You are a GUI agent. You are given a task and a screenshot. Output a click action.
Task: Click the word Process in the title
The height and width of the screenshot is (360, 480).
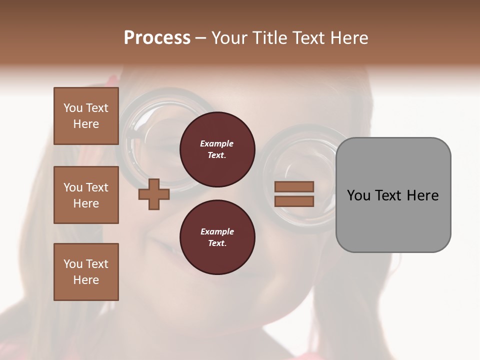pos(157,38)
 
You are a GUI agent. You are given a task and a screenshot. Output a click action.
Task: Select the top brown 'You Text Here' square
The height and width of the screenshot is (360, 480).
pos(86,116)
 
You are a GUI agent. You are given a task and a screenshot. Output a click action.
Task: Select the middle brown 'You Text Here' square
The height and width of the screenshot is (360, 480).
pos(86,195)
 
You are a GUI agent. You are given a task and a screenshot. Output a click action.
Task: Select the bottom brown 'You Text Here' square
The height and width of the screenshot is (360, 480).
pos(86,272)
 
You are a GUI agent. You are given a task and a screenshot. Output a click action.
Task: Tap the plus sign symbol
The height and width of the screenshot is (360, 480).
pos(153,194)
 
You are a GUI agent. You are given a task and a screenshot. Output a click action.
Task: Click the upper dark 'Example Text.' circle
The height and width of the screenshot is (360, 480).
pos(217,149)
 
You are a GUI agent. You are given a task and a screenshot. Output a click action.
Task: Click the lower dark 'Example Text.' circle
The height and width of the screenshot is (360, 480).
pos(217,237)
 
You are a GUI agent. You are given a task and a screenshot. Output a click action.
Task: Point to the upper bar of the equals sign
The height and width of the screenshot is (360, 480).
pos(294,186)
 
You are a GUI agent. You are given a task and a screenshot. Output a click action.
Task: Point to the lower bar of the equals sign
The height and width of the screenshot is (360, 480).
pos(294,201)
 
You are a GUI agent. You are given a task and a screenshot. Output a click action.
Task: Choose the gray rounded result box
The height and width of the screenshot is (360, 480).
pos(393,194)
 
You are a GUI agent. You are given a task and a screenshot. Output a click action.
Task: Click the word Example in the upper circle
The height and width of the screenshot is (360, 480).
pos(217,144)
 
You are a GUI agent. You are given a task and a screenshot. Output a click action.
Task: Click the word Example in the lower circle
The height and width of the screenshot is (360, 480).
pos(217,231)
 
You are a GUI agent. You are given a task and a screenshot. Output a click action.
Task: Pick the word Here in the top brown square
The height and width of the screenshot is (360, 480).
pos(86,124)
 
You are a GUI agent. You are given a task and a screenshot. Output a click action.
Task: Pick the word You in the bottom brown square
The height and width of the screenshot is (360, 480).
pos(73,264)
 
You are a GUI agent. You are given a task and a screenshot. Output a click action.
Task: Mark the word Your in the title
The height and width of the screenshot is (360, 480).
pos(228,38)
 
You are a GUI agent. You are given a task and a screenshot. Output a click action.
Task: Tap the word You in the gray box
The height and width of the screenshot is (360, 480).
pos(358,195)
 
